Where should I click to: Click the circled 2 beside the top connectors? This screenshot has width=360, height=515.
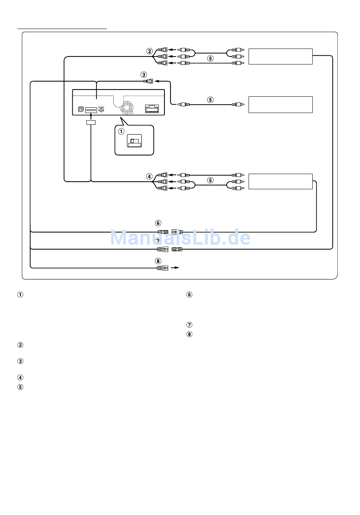pyautogui.click(x=150, y=51)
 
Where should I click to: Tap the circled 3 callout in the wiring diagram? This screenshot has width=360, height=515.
pyautogui.click(x=144, y=75)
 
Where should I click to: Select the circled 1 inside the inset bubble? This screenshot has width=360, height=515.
pyautogui.click(x=121, y=132)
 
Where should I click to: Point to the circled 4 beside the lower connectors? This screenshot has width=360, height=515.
pyautogui.click(x=150, y=177)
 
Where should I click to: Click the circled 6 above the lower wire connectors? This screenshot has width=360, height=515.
pyautogui.click(x=158, y=223)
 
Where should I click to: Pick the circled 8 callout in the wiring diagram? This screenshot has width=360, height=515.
pyautogui.click(x=158, y=261)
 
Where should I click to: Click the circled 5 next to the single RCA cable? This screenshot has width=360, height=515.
pyautogui.click(x=210, y=100)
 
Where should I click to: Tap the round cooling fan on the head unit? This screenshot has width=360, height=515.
pyautogui.click(x=127, y=108)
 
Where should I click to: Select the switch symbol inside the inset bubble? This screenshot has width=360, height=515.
pyautogui.click(x=135, y=141)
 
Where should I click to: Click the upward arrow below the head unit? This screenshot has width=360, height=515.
pyautogui.click(x=91, y=116)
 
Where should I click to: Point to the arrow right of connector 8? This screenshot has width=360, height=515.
pyautogui.click(x=175, y=268)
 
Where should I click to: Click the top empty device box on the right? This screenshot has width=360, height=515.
pyautogui.click(x=280, y=57)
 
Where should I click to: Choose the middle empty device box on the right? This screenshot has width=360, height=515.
pyautogui.click(x=280, y=105)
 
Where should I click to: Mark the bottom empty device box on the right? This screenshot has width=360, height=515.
pyautogui.click(x=280, y=181)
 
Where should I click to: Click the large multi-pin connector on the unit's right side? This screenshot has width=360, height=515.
pyautogui.click(x=152, y=109)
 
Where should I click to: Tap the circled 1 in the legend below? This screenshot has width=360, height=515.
pyautogui.click(x=20, y=295)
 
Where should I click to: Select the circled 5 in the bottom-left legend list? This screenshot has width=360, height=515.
pyautogui.click(x=20, y=387)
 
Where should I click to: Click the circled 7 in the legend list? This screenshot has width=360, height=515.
pyautogui.click(x=189, y=325)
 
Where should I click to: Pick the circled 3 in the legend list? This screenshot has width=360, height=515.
pyautogui.click(x=20, y=361)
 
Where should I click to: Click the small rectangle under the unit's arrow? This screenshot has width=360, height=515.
pyautogui.click(x=91, y=122)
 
